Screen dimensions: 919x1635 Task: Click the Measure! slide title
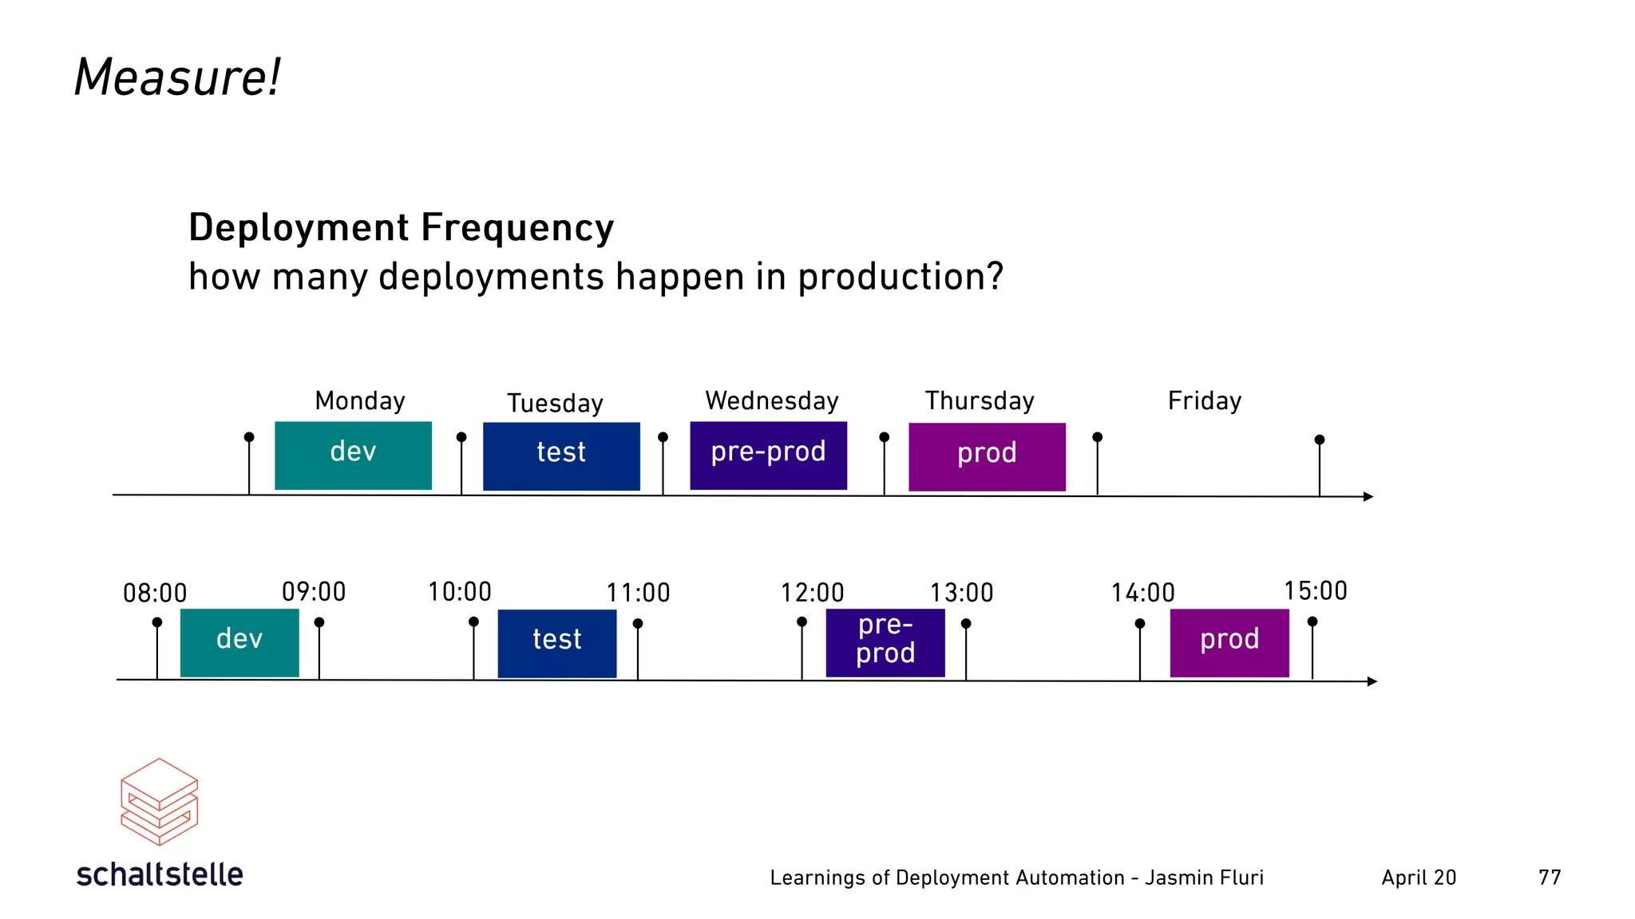(177, 78)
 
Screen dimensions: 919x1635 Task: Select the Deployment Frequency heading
(401, 227)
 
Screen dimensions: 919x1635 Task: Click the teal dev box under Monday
(353, 456)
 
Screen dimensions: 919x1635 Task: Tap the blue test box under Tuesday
(561, 456)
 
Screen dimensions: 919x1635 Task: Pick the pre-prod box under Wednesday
(768, 456)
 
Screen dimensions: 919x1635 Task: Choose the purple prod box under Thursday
(987, 456)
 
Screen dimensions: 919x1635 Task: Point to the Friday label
(1204, 400)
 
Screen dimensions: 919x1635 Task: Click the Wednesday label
(771, 400)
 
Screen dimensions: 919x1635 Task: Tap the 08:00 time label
(155, 594)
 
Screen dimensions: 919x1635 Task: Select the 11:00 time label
(638, 593)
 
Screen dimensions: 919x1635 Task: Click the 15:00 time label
(1315, 591)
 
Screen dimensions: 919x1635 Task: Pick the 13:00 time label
(961, 593)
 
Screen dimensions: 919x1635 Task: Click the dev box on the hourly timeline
(240, 643)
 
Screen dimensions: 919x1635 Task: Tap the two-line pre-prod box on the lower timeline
(885, 643)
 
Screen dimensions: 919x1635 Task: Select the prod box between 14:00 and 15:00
(1229, 643)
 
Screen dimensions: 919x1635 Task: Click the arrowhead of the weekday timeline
(1368, 497)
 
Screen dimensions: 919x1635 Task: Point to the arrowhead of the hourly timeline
(1372, 681)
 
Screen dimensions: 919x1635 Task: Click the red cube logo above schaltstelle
(159, 802)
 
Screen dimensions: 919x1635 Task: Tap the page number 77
(1549, 878)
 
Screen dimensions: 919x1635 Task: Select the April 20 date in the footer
(1419, 878)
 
